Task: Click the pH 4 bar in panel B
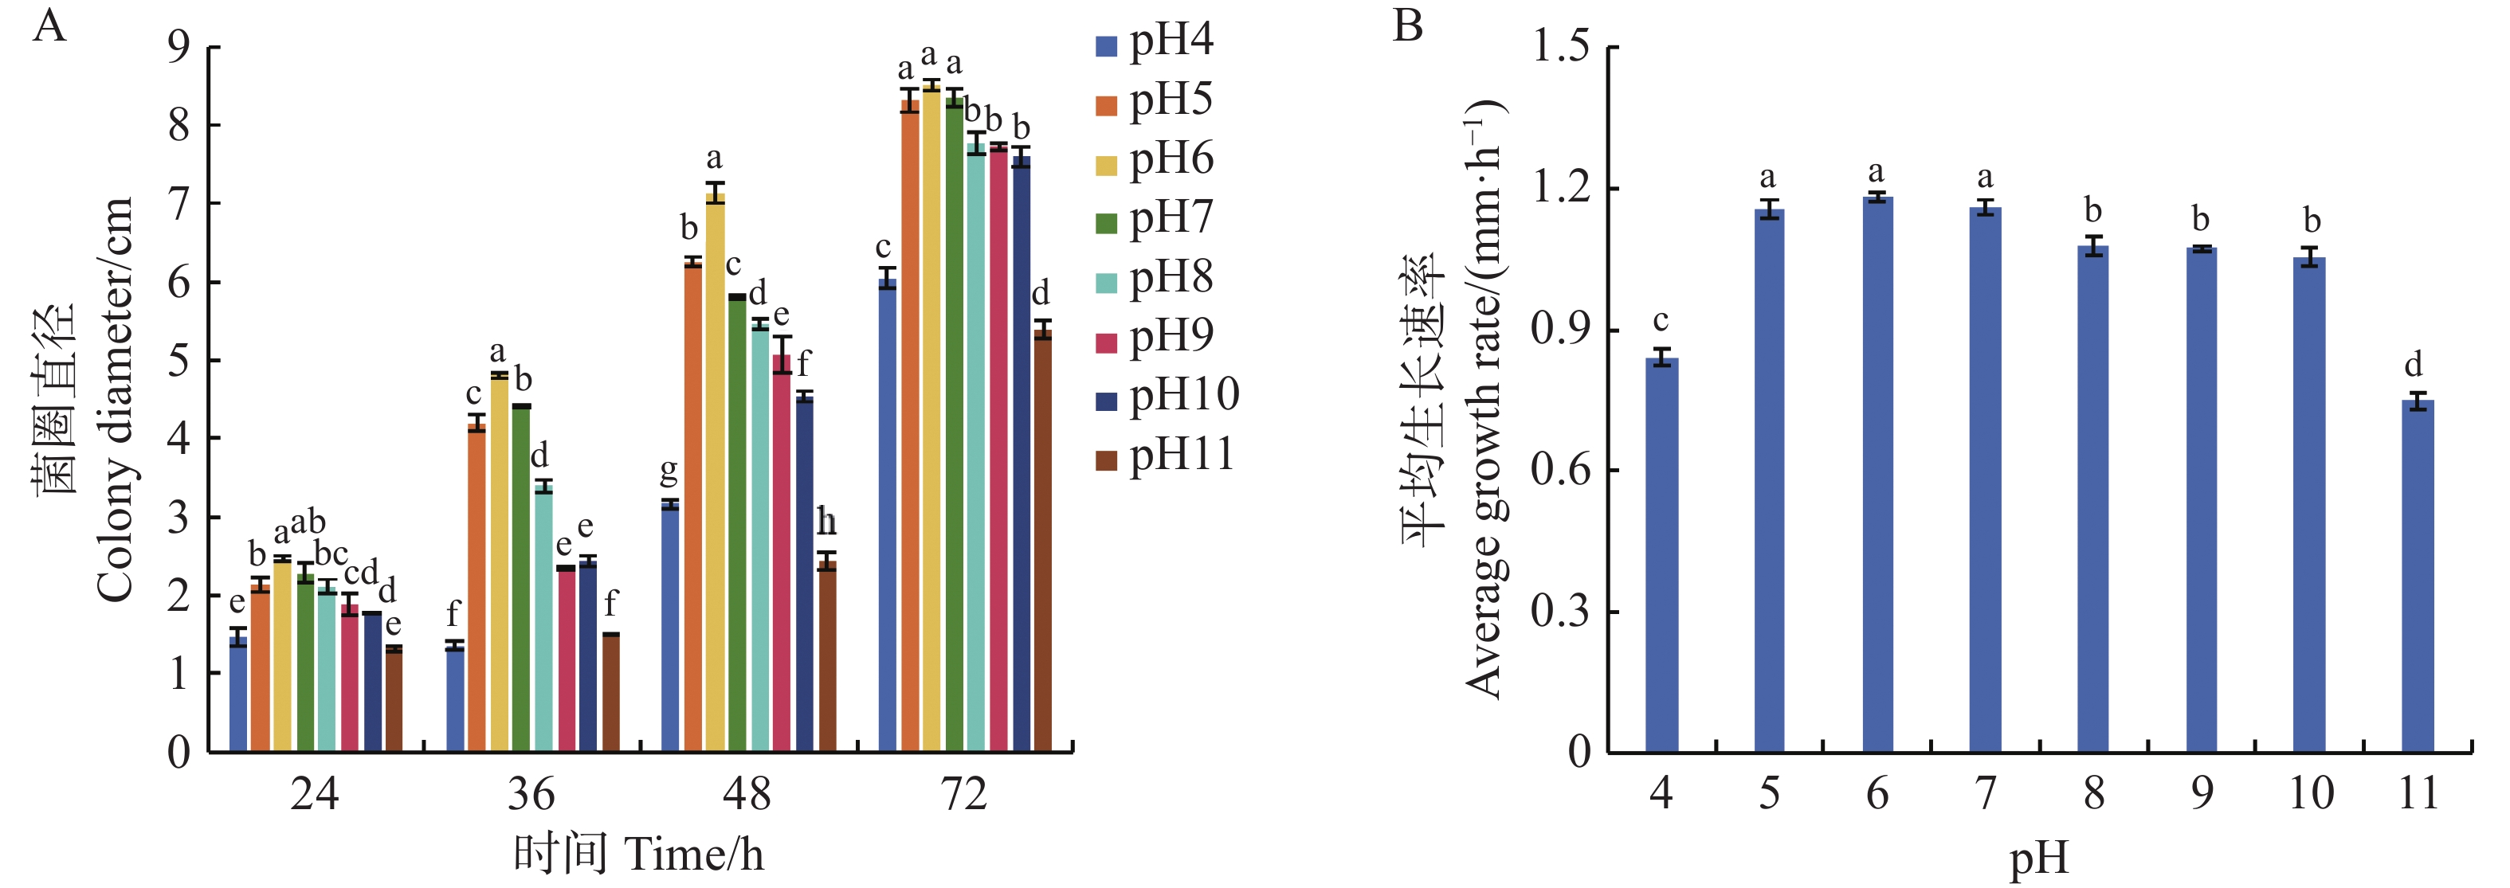coord(1661,555)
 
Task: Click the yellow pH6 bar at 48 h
coord(716,472)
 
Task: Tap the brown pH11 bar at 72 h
coord(1042,541)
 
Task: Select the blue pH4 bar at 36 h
coord(455,698)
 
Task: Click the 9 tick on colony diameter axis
coord(179,47)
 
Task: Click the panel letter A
coord(49,26)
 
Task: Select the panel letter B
coord(1408,26)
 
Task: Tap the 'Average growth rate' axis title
coord(1483,399)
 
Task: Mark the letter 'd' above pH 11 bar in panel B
coord(2413,364)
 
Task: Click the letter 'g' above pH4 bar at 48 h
coord(669,472)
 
